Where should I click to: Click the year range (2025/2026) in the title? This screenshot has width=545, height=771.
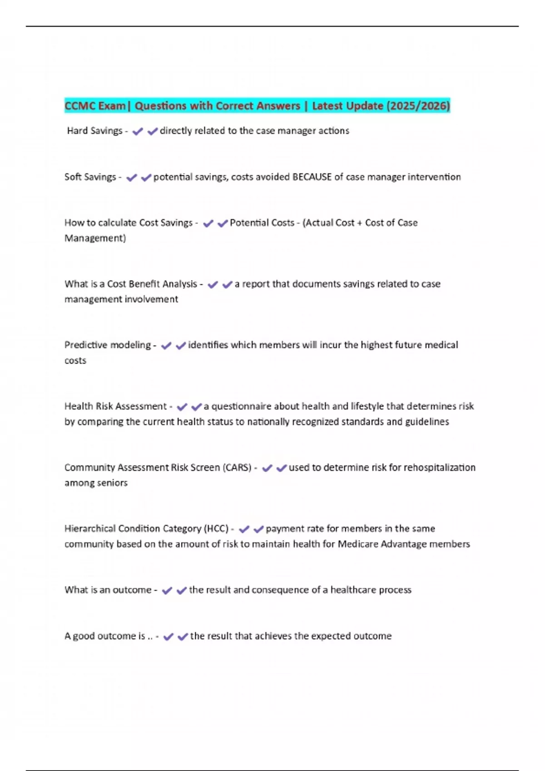[418, 106]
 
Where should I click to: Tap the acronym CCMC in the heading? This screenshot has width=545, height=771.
[80, 106]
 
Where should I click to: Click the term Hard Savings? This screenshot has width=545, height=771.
[94, 131]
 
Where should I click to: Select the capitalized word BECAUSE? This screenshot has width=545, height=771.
[312, 177]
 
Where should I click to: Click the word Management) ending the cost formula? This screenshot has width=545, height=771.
[95, 238]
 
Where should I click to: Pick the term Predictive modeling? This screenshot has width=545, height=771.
[107, 345]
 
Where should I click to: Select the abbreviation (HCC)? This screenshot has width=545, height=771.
[216, 528]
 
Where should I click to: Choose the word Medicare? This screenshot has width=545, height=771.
[357, 544]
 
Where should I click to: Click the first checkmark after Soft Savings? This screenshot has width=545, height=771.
[132, 177]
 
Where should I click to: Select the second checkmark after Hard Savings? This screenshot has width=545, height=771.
[153, 131]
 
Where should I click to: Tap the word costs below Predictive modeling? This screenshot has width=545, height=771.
[75, 361]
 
